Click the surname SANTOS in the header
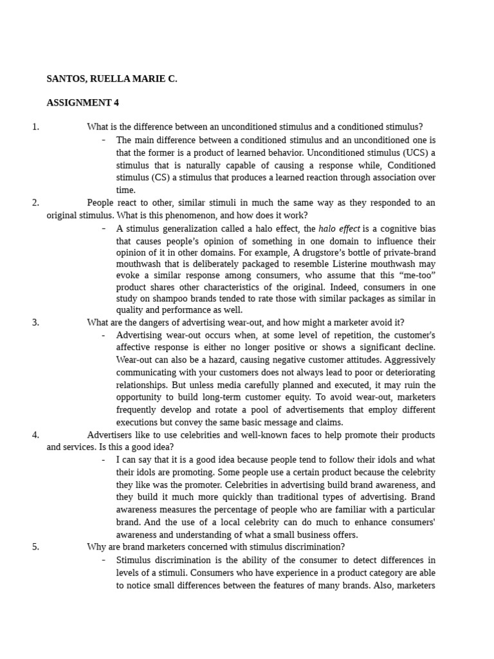point(66,79)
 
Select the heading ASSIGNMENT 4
point(82,103)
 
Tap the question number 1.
point(35,127)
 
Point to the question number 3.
point(35,322)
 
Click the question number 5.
point(35,546)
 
